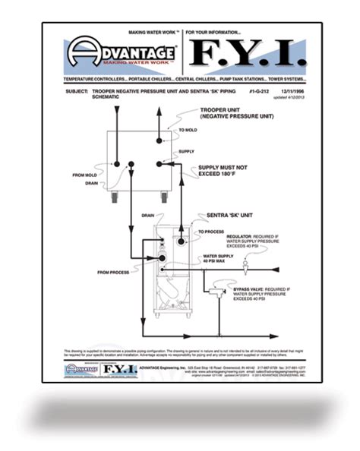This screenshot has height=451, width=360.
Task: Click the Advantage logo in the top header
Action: [122, 55]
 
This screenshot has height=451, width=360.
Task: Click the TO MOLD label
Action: [187, 131]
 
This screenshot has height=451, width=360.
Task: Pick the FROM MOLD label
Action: [84, 175]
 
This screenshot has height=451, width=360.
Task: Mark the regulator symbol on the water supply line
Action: [248, 266]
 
